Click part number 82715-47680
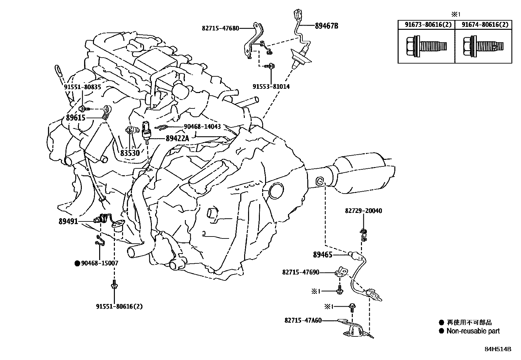(220, 28)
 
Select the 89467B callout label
(326, 26)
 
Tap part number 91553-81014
(271, 86)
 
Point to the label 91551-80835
(82, 87)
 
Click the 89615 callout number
(76, 118)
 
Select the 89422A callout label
(177, 139)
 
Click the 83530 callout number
(130, 153)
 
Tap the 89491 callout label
(68, 221)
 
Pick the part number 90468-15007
(99, 263)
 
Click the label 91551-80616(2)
(119, 307)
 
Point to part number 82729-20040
(363, 211)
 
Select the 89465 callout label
(323, 255)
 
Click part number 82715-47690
(301, 272)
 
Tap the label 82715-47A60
(303, 320)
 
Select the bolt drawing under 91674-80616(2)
(483, 46)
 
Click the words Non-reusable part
(473, 331)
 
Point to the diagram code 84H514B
(498, 349)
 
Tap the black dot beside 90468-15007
(77, 263)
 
